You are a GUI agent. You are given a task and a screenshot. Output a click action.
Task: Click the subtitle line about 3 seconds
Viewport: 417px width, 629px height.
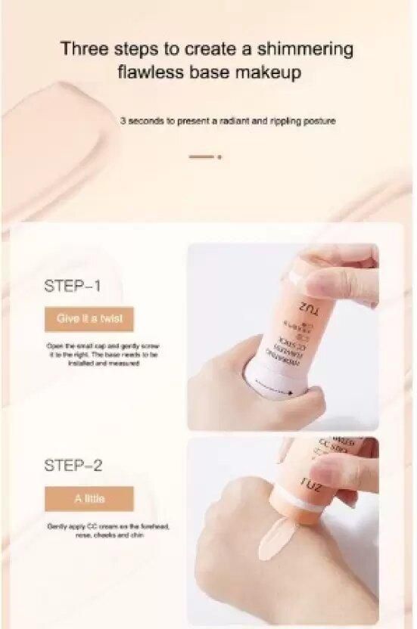(227, 120)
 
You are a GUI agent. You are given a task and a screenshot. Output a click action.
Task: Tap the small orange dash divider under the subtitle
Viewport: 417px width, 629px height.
(201, 157)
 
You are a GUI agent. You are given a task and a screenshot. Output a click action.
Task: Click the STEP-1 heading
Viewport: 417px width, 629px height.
(73, 287)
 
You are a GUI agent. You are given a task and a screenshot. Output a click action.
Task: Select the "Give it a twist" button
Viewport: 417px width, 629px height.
(89, 319)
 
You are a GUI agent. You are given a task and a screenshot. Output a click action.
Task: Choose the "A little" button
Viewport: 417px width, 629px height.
(89, 499)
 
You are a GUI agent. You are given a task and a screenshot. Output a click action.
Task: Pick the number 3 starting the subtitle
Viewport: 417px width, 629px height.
(122, 120)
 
